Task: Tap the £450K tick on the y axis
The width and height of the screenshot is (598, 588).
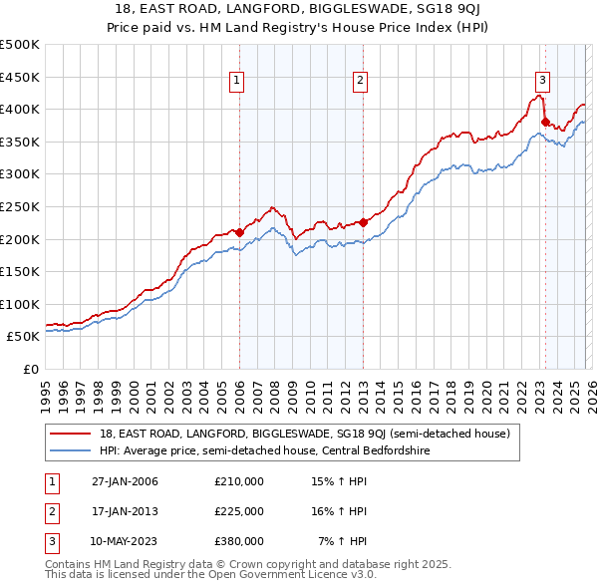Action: coord(20,77)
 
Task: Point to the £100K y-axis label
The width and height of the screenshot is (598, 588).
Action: coord(20,304)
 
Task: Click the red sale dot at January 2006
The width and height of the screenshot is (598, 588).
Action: coord(239,232)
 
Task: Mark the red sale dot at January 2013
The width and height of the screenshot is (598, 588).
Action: coord(363,222)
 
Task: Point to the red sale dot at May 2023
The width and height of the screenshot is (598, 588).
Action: coord(545,122)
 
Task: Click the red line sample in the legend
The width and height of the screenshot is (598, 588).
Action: coord(72,434)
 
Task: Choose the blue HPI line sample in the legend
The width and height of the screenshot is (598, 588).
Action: coord(72,450)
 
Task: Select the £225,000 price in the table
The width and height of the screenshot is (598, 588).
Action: coord(239,510)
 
